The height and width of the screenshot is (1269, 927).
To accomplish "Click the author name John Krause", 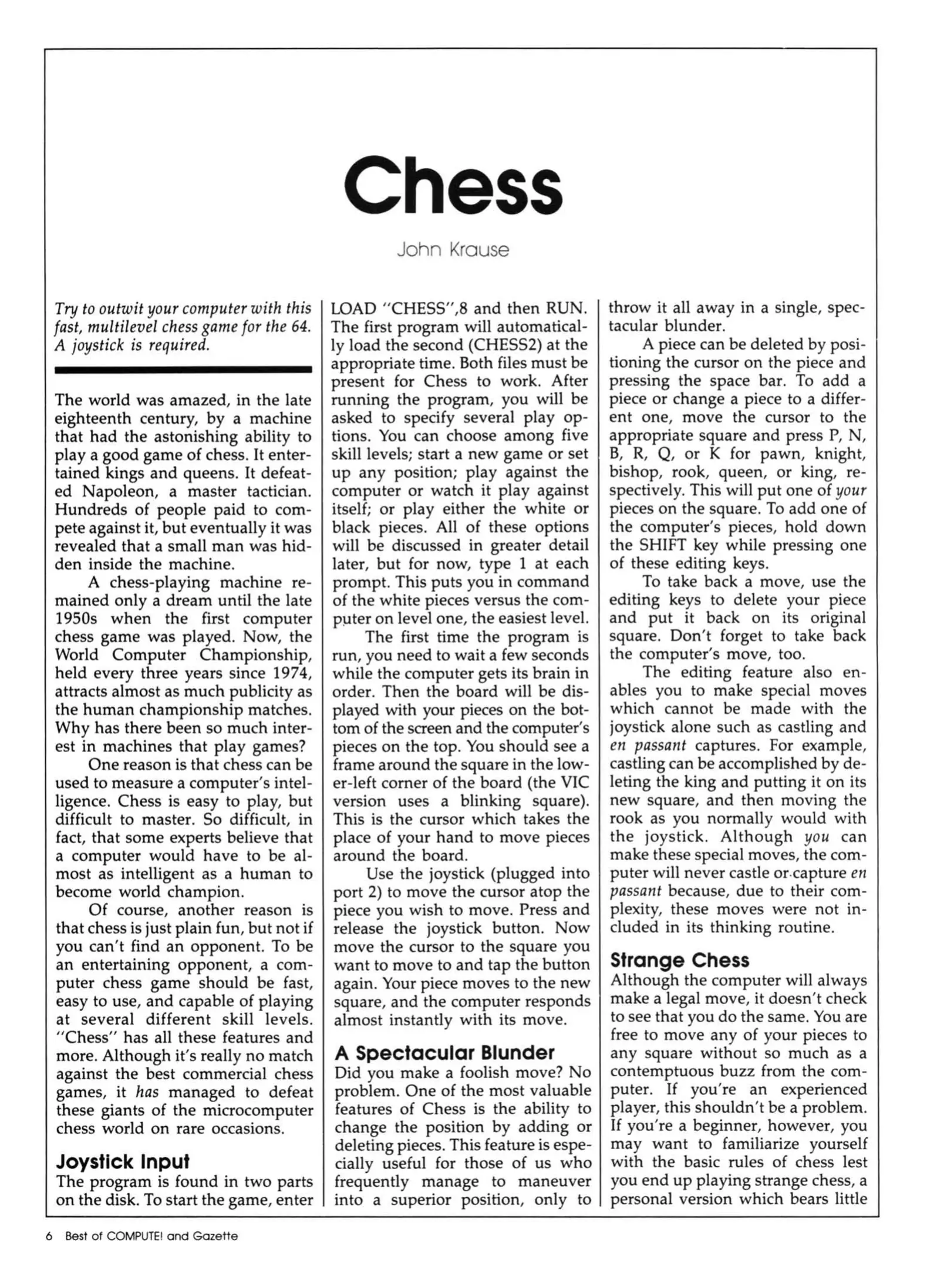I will coord(453,250).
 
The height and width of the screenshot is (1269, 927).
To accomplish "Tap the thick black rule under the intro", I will coord(183,370).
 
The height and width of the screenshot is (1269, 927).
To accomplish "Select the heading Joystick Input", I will coord(122,1161).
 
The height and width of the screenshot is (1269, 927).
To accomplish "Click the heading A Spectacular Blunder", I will coord(444,1052).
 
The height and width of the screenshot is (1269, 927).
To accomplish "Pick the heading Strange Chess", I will coord(679,960).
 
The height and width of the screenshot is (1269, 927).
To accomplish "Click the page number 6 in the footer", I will coord(50,1236).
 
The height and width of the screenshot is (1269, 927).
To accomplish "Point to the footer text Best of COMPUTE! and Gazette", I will coord(151,1236).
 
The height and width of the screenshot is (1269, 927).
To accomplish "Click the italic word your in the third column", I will coord(851,491).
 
